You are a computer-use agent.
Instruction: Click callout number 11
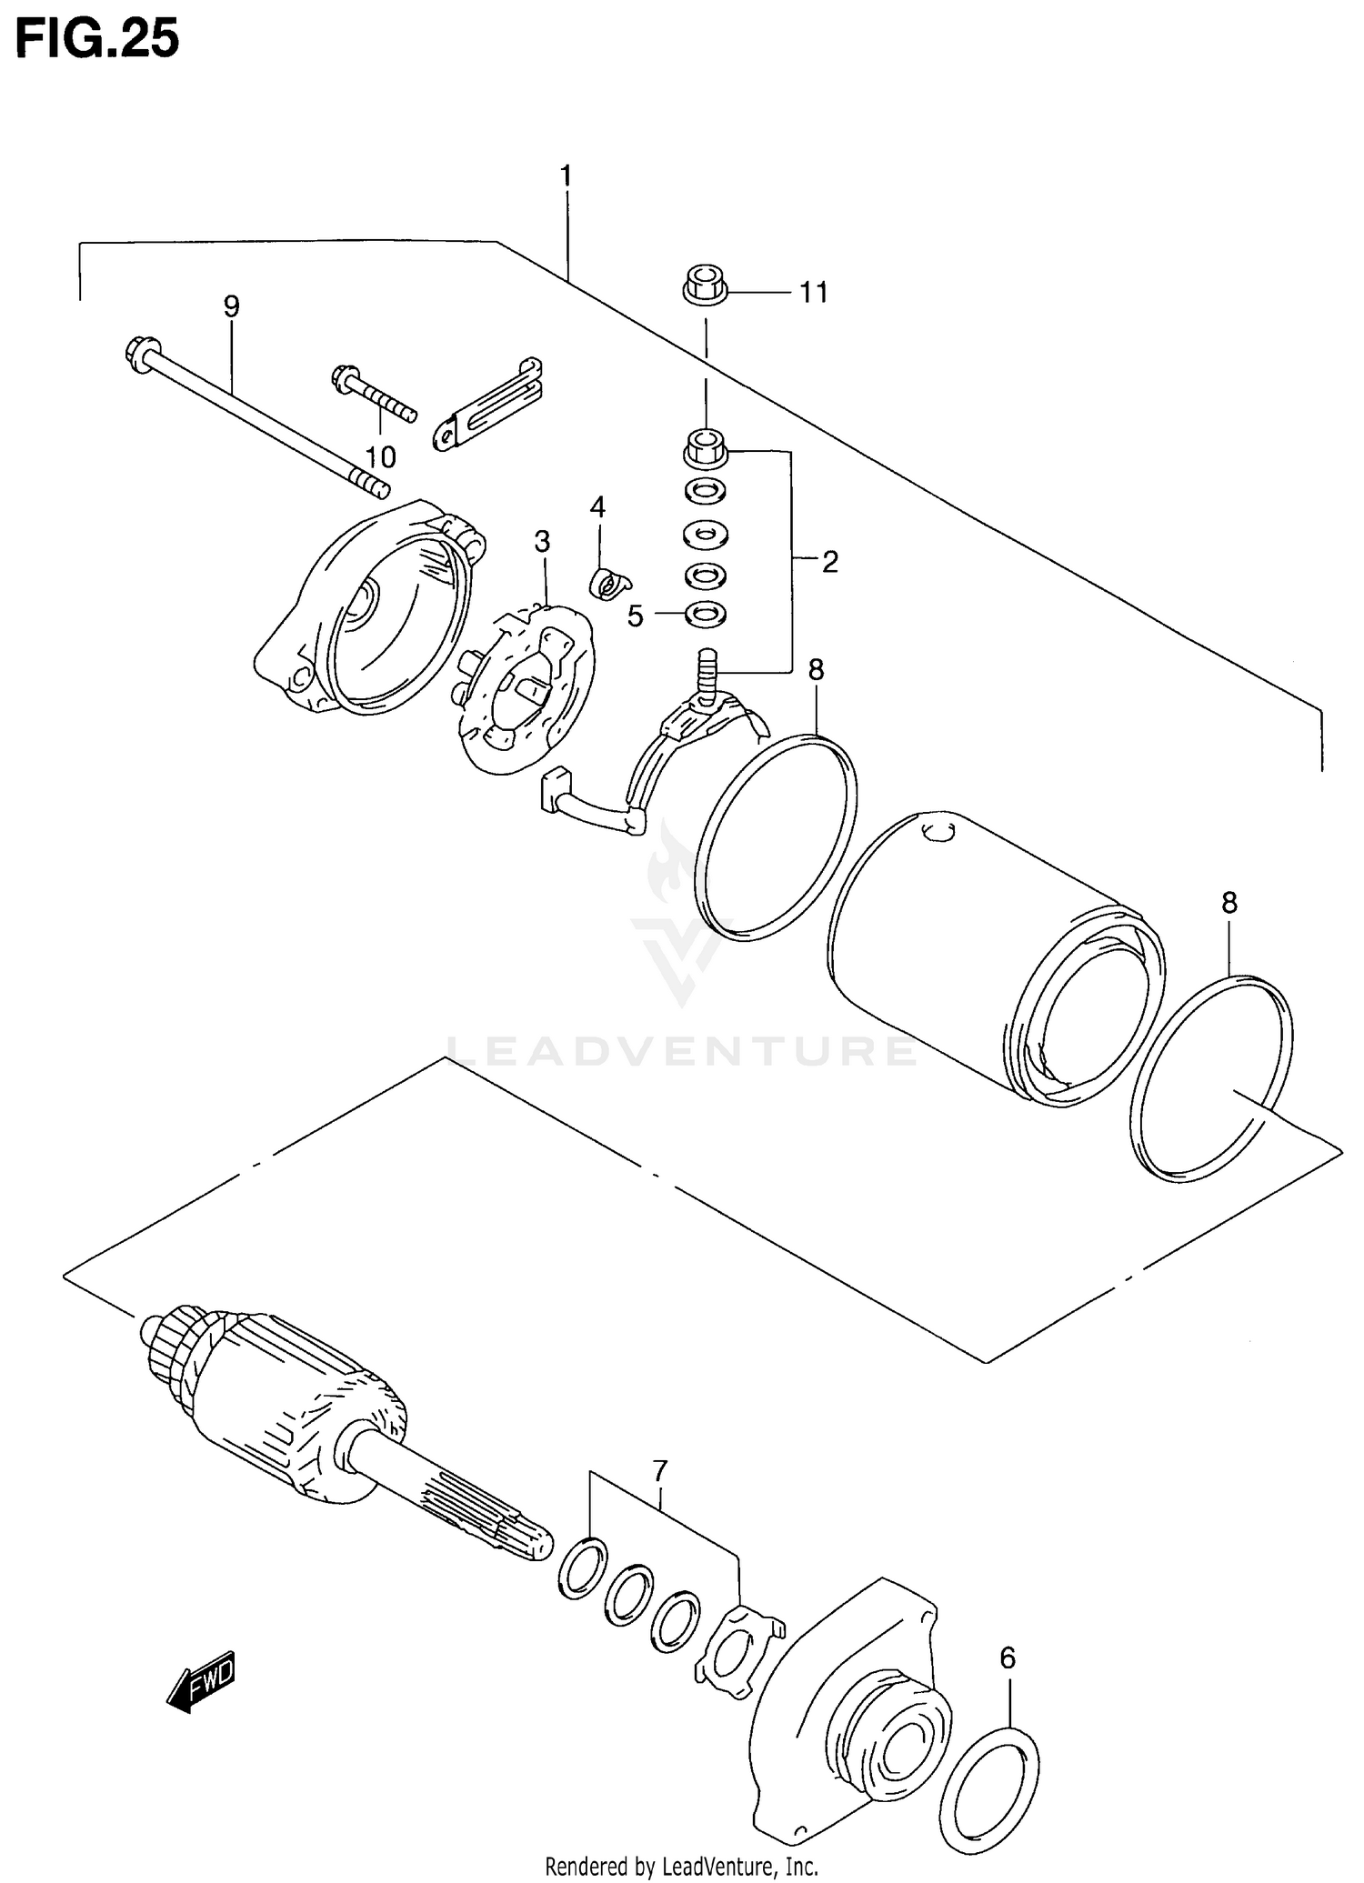click(813, 293)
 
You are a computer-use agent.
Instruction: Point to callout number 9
click(231, 307)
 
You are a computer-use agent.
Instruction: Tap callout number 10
click(380, 456)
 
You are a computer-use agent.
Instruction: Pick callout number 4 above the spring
click(597, 506)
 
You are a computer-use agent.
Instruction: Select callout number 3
click(542, 542)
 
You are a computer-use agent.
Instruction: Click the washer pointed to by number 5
click(704, 615)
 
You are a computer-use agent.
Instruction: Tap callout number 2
click(828, 562)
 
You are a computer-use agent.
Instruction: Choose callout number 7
click(660, 1470)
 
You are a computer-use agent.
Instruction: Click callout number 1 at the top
click(566, 175)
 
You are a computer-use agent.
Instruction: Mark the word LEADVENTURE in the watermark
click(682, 1052)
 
